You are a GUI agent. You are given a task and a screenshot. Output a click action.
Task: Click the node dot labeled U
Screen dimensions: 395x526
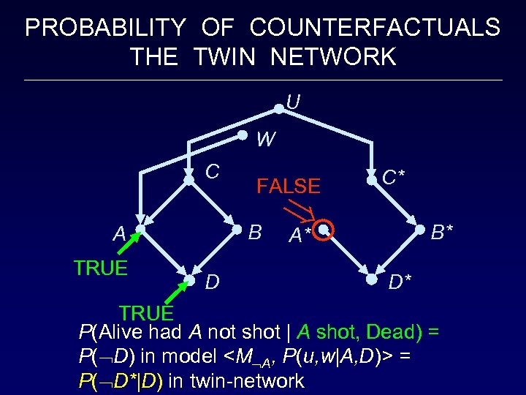coord(278,109)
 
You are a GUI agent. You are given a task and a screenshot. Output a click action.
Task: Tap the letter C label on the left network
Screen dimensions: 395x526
coord(213,172)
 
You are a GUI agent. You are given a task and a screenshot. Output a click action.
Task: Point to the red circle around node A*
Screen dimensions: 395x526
coord(324,230)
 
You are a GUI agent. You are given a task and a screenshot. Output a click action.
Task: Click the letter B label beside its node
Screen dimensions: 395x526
coord(255,233)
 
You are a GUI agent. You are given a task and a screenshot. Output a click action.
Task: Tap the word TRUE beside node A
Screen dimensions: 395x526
coord(101,268)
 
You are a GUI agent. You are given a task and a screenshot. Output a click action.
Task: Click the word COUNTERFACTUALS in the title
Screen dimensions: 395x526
coord(375,29)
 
